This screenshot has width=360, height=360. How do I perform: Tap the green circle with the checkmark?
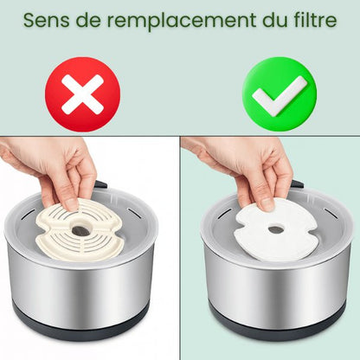point(278,93)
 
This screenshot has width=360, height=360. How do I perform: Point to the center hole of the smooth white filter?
point(274,229)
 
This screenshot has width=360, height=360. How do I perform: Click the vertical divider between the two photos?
point(179,251)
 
